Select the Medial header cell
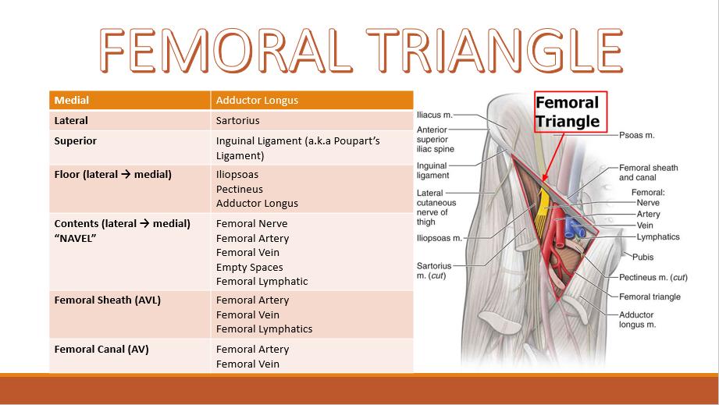[72, 101]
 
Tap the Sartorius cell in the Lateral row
[237, 121]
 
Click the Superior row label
[76, 141]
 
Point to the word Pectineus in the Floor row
[239, 189]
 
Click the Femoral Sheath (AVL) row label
[107, 300]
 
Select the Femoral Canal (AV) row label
[101, 349]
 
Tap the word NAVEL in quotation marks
[76, 238]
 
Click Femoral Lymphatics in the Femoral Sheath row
[264, 329]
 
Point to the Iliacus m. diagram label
[435, 114]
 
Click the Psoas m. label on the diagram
[636, 135]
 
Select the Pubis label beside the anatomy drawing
[642, 257]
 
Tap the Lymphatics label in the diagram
[657, 236]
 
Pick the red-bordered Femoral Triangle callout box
[567, 112]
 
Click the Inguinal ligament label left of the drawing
[432, 170]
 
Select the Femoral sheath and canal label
[648, 172]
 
